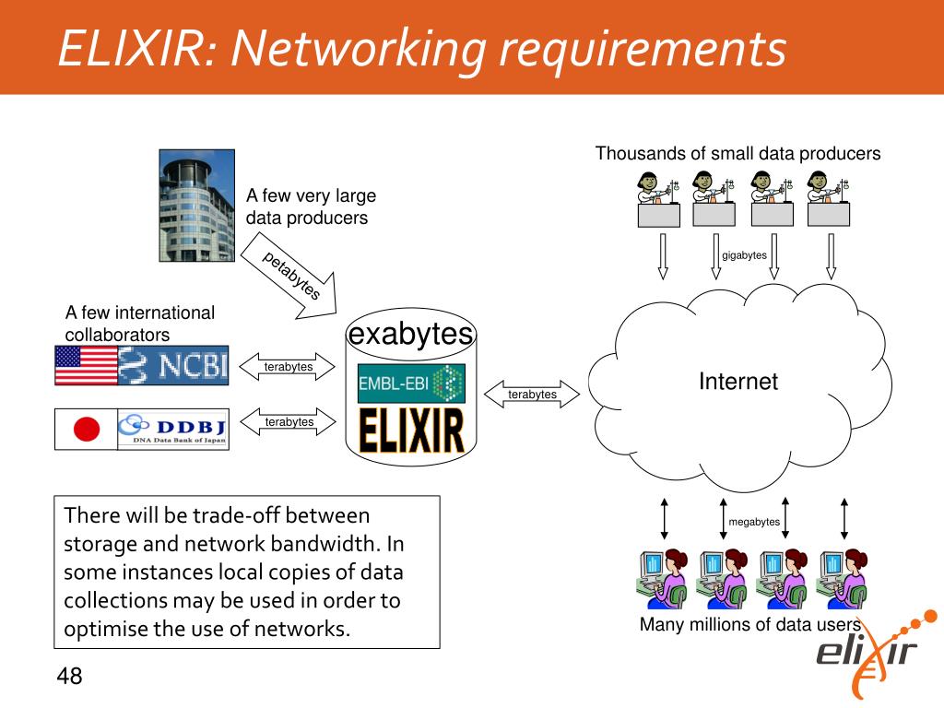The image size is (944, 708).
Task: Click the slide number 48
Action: pos(69,677)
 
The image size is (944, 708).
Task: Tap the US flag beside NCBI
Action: pos(87,365)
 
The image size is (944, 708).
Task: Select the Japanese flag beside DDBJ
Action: pos(86,429)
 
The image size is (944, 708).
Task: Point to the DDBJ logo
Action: pos(173,429)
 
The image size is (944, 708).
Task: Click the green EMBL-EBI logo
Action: pos(410,383)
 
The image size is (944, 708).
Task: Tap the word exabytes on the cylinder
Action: pos(410,334)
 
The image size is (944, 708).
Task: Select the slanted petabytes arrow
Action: pos(291,276)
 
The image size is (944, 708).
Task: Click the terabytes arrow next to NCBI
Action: pos(289,367)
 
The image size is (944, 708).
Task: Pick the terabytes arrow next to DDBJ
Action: pos(289,422)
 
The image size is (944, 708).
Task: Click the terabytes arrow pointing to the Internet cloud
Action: pos(532,395)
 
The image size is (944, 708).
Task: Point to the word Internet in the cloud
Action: pos(737,382)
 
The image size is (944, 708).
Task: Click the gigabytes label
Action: pos(744,255)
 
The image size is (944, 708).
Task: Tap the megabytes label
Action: pos(754,522)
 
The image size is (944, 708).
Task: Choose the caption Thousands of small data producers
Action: pos(737,154)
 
